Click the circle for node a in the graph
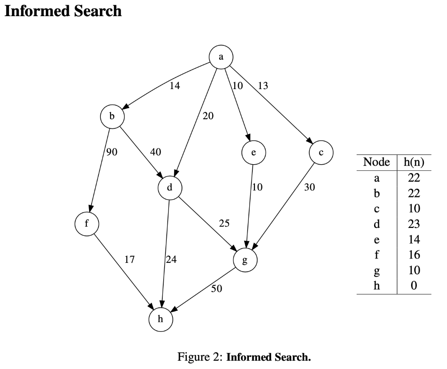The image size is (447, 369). click(x=221, y=57)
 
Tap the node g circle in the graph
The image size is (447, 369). click(x=245, y=261)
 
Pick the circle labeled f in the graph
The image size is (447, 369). click(x=86, y=223)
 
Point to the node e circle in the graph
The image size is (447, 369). click(x=253, y=153)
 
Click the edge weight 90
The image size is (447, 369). click(x=112, y=152)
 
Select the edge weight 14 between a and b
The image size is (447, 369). click(x=175, y=86)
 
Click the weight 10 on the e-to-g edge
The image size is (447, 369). click(x=258, y=188)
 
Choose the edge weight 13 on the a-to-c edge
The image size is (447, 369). click(x=263, y=86)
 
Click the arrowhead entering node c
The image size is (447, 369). click(x=309, y=141)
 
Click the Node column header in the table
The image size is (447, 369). click(x=376, y=162)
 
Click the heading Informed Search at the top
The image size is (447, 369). click(x=63, y=11)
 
